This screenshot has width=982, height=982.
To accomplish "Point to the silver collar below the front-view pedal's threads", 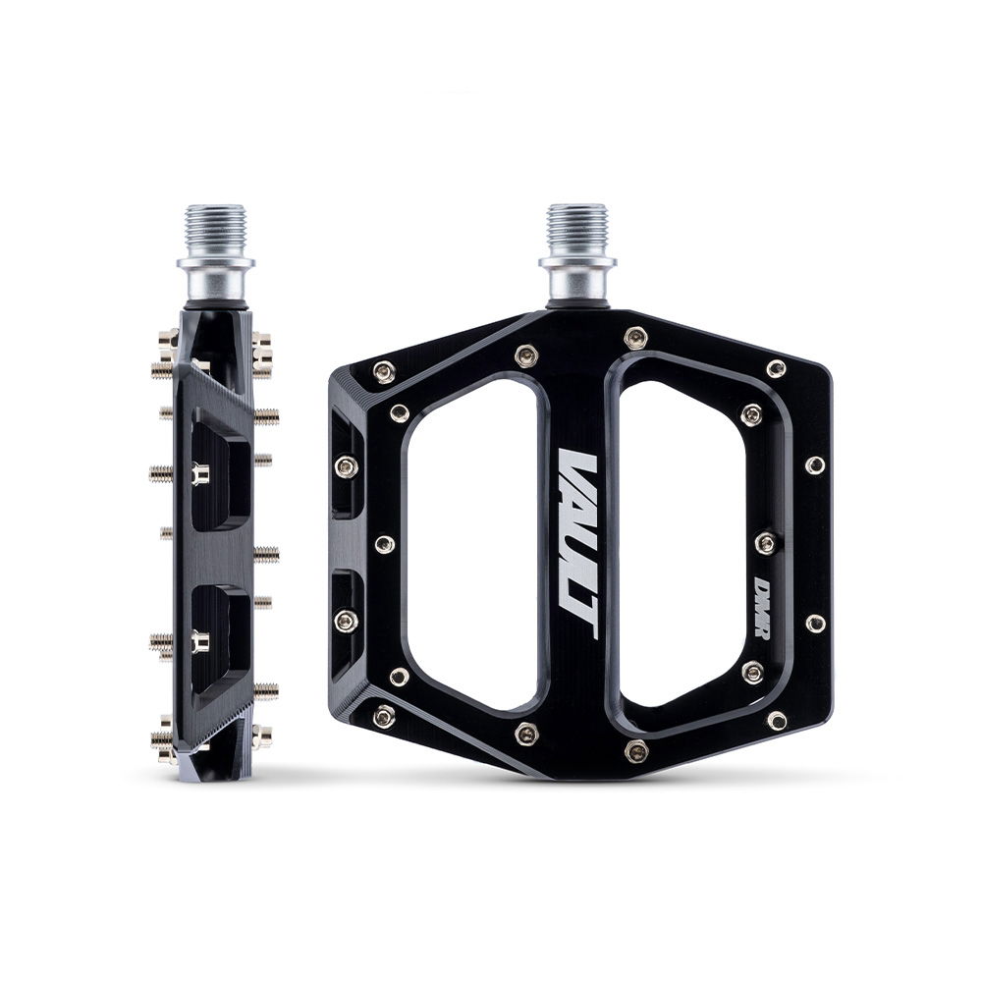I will (x=576, y=277).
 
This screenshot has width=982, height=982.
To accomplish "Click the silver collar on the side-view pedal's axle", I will (x=215, y=277).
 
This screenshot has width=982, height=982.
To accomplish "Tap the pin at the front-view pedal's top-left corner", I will (x=384, y=371).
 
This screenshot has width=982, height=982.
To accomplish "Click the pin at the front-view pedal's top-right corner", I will (x=776, y=369).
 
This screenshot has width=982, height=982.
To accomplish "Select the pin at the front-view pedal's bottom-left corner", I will (x=384, y=716).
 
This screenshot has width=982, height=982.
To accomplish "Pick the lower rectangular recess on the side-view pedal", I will (x=222, y=638).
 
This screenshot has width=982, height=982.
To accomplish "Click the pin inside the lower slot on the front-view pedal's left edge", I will (x=346, y=621).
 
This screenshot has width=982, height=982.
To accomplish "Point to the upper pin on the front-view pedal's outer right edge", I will (x=815, y=464).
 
